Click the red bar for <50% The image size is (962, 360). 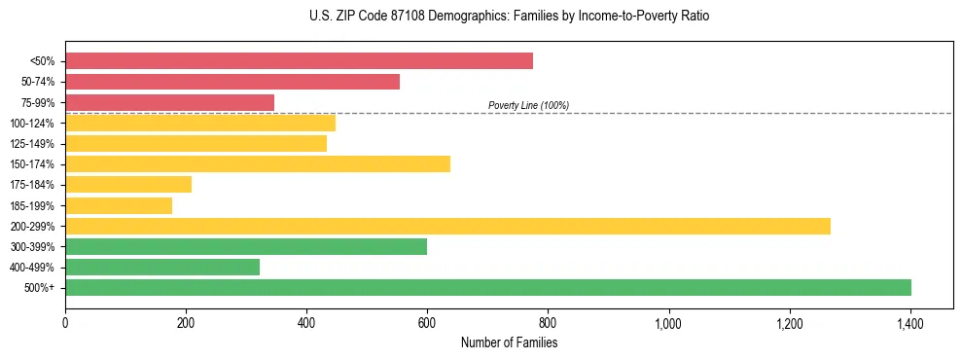click(x=299, y=61)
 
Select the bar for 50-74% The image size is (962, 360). click(x=232, y=82)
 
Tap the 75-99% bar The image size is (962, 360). click(x=169, y=102)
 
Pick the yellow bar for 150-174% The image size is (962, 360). click(x=258, y=163)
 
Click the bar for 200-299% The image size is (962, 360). click(x=447, y=226)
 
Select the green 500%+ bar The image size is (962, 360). click(x=488, y=287)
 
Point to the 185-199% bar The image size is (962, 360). click(x=119, y=205)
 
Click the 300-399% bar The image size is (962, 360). click(x=246, y=246)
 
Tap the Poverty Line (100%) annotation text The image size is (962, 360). click(x=528, y=105)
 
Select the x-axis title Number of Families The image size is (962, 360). click(x=509, y=342)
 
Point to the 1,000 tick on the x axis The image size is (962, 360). click(x=669, y=322)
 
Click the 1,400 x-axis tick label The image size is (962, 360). click(x=910, y=322)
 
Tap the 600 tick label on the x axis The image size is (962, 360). click(x=427, y=322)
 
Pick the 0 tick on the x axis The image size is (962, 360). click(x=65, y=322)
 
